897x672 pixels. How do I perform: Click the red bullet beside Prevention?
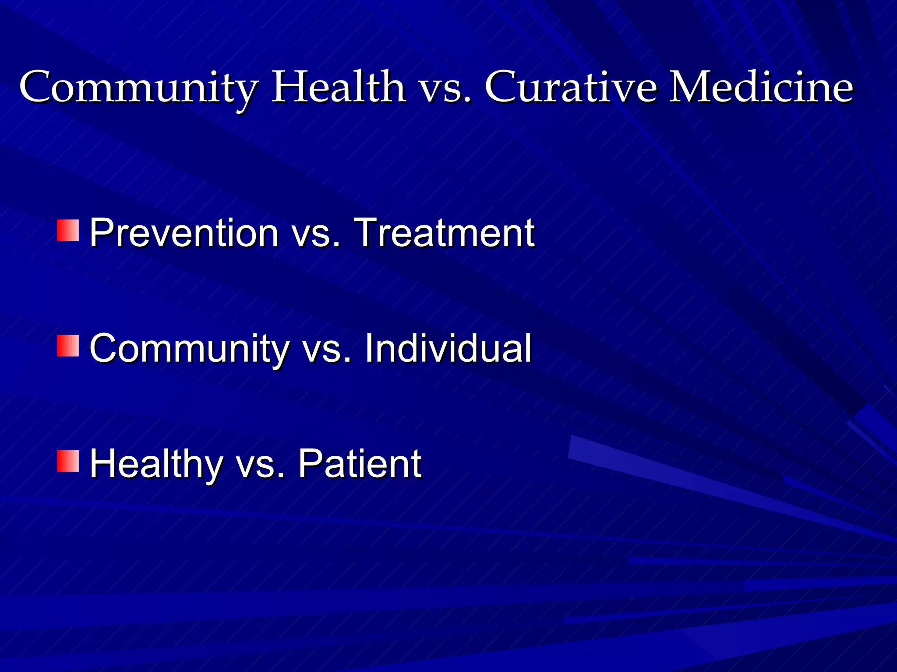click(x=68, y=231)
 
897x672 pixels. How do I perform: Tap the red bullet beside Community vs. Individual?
click(x=68, y=346)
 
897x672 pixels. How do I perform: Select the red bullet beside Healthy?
click(x=68, y=462)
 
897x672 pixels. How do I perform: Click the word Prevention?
click(x=184, y=233)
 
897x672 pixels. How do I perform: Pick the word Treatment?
click(x=444, y=233)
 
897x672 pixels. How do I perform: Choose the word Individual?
click(x=448, y=348)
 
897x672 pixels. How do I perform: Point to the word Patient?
click(x=360, y=464)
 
